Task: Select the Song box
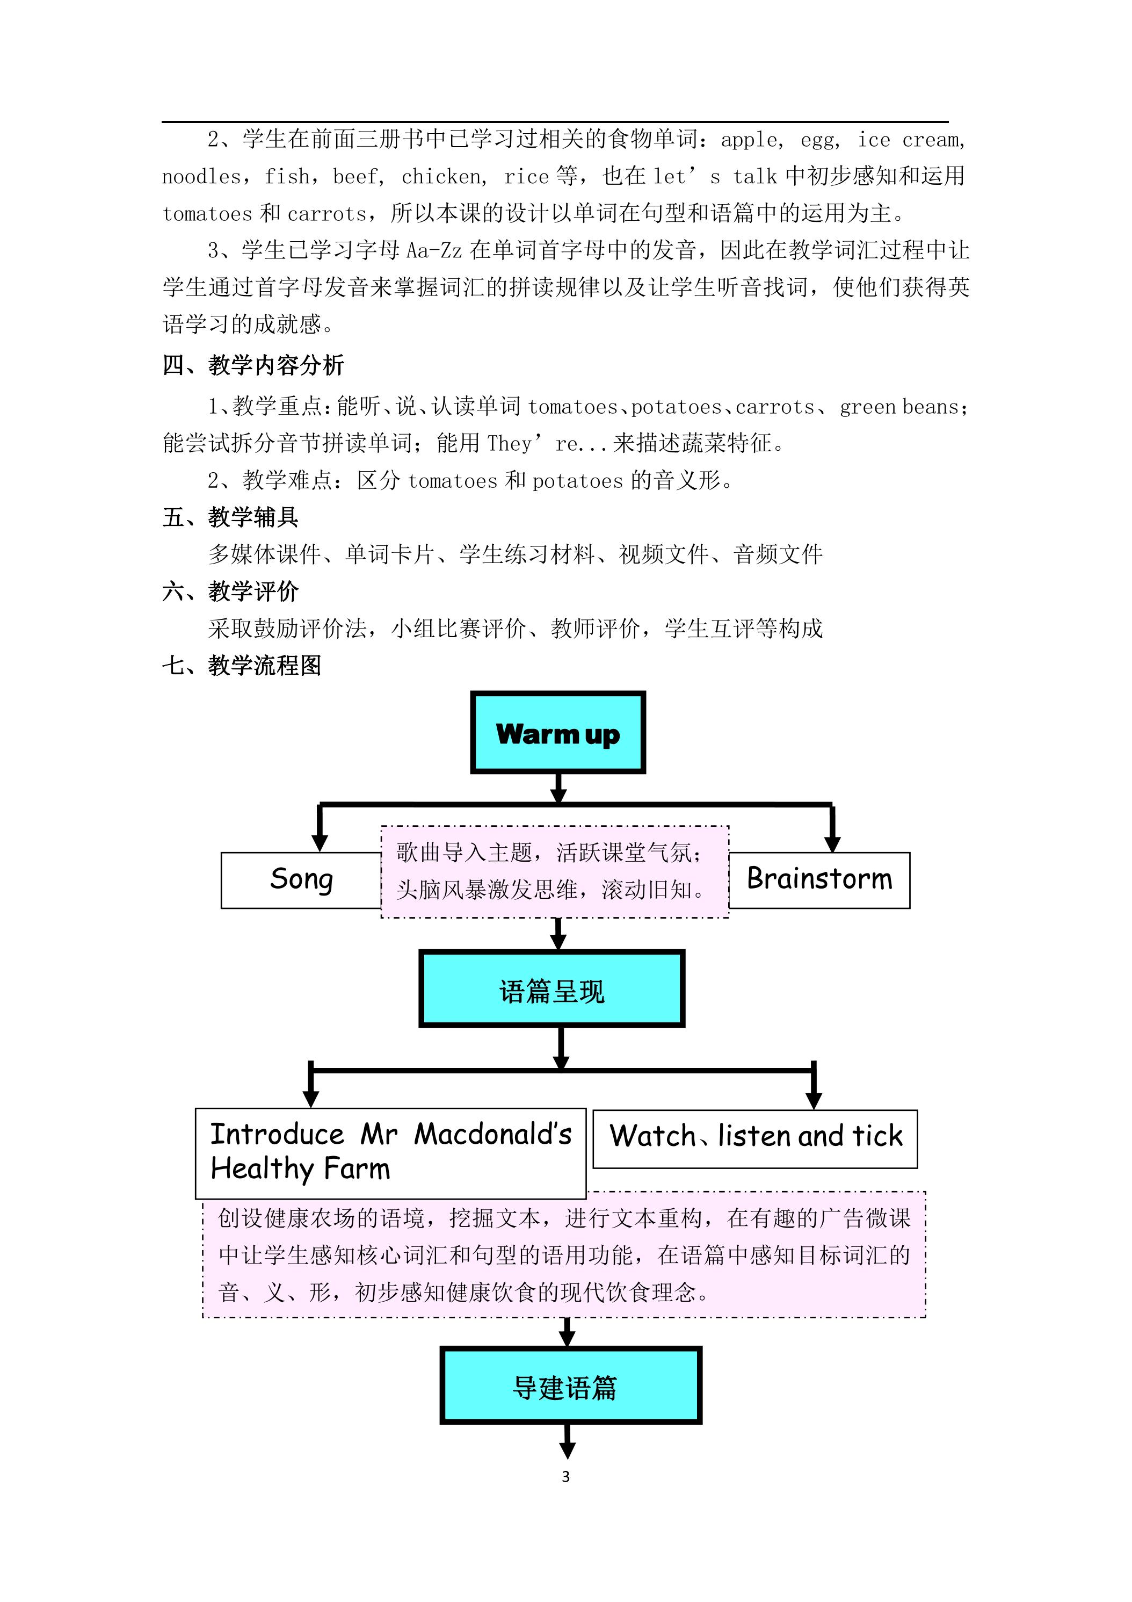pyautogui.click(x=301, y=880)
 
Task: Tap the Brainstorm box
pyautogui.click(x=819, y=880)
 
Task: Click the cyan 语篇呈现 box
pyautogui.click(x=552, y=988)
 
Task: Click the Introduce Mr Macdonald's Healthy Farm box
pyautogui.click(x=390, y=1153)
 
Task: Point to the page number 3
pyautogui.click(x=565, y=1476)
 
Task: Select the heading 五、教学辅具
pyautogui.click(x=230, y=517)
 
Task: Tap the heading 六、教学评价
pyautogui.click(x=230, y=591)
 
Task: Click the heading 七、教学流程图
pyautogui.click(x=242, y=665)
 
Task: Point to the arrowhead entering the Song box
pyautogui.click(x=320, y=843)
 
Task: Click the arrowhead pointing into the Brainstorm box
pyautogui.click(x=832, y=843)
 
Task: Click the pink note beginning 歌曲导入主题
pyautogui.click(x=555, y=871)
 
